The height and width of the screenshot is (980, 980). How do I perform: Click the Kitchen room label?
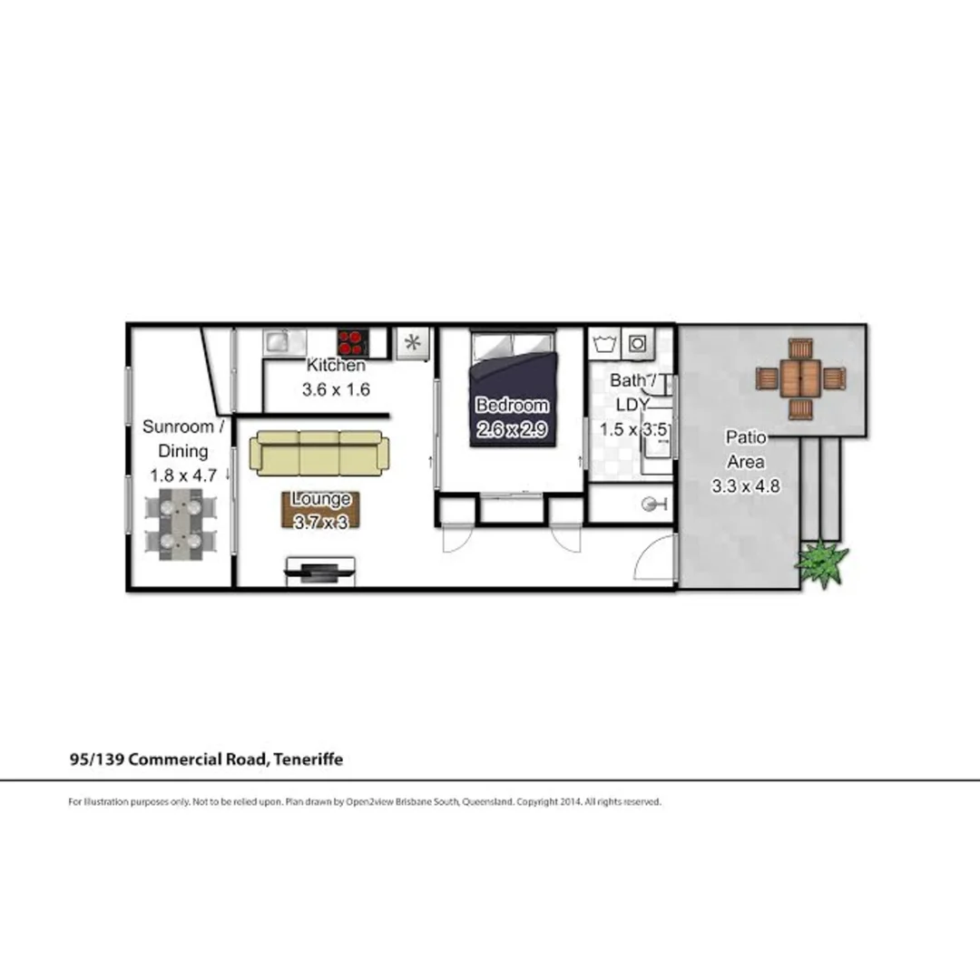click(x=336, y=367)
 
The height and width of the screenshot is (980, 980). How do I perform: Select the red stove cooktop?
click(x=352, y=342)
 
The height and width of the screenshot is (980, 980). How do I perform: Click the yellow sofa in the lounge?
click(x=319, y=452)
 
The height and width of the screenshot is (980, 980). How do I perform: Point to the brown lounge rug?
click(x=320, y=510)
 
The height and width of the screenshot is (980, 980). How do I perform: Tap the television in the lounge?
click(x=321, y=570)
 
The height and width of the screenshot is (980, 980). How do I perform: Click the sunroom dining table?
click(x=181, y=524)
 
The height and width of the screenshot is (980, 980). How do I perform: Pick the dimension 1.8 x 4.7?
click(x=183, y=475)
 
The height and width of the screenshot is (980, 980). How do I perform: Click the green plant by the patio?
click(x=822, y=563)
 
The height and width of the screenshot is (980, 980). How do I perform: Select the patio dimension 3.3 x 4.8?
click(x=745, y=486)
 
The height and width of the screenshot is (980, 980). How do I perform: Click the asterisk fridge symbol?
click(x=413, y=343)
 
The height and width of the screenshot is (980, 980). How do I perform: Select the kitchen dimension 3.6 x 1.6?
click(x=336, y=390)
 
